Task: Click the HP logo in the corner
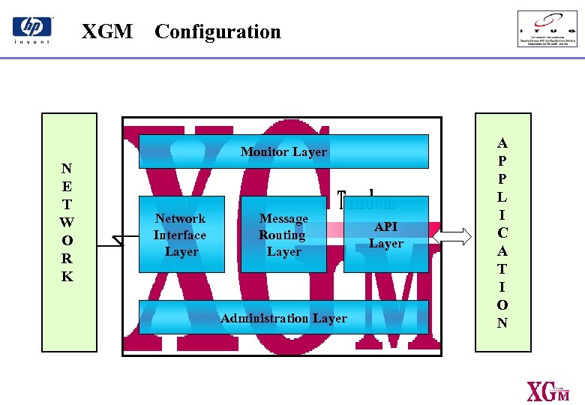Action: click(x=32, y=30)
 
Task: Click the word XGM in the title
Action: click(x=107, y=31)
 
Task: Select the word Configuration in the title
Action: click(x=217, y=31)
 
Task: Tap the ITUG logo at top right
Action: click(x=547, y=28)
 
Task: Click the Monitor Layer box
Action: click(x=283, y=151)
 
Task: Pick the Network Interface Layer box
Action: click(x=181, y=234)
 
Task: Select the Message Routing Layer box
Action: click(x=283, y=234)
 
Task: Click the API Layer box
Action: click(x=385, y=234)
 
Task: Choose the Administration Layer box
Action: click(x=283, y=317)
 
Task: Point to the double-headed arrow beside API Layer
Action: click(x=452, y=235)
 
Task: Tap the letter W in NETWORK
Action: click(x=67, y=222)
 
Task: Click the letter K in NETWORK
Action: click(x=67, y=277)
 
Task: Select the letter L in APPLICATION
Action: click(x=502, y=197)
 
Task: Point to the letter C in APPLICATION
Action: click(x=502, y=233)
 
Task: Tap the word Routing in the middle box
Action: click(x=282, y=235)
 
